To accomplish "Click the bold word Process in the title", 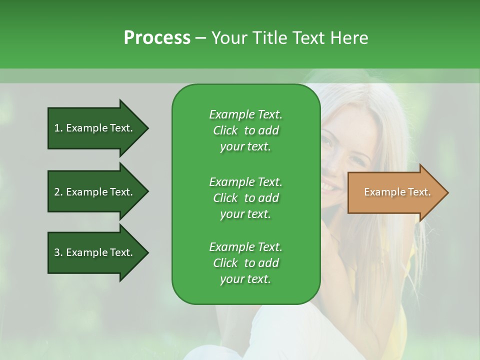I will pos(157,38).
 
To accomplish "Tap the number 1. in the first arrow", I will pos(58,128).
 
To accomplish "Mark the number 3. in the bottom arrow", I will pos(58,253).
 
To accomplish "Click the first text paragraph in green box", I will pos(245,130).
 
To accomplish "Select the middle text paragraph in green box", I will pos(245,198).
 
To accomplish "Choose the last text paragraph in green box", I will pos(245,263).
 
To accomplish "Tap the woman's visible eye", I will pos(326,142).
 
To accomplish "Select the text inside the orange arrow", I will pos(397,192).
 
